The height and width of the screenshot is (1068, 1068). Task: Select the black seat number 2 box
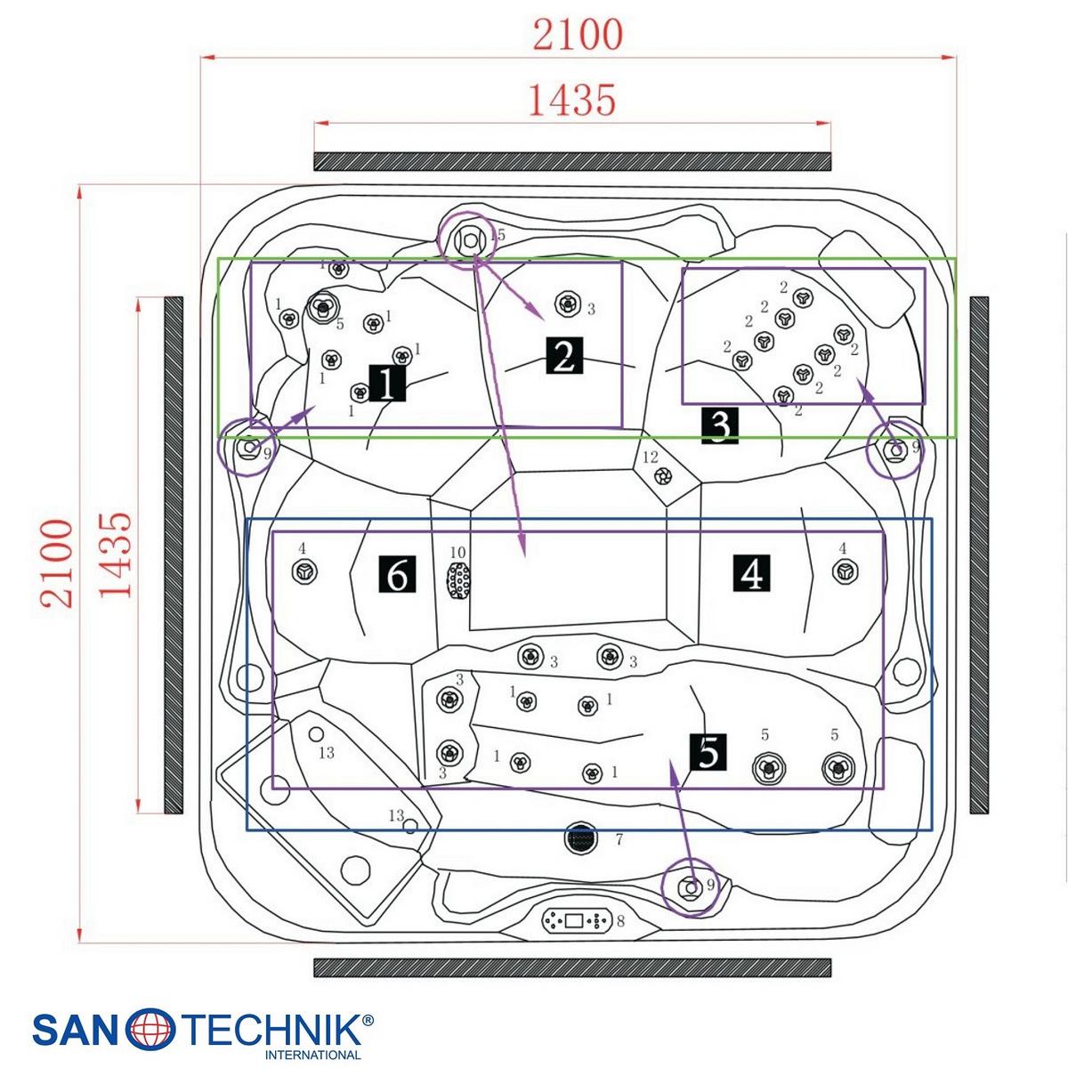click(564, 355)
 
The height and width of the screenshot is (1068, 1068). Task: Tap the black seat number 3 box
click(720, 426)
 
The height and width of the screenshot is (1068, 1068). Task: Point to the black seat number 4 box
click(751, 574)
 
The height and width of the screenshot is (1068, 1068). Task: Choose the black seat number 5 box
click(708, 752)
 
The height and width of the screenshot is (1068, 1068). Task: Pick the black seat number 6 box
click(397, 575)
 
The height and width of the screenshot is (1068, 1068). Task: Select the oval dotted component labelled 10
click(458, 580)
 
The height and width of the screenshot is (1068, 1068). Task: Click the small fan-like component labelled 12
click(663, 475)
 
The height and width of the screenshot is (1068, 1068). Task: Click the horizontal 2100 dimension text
click(578, 35)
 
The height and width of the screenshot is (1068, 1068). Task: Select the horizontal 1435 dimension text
click(572, 101)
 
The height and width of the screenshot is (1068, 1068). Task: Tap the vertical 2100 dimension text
click(58, 563)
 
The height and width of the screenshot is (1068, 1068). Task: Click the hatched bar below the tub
click(572, 967)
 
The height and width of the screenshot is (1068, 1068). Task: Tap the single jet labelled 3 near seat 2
click(567, 304)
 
